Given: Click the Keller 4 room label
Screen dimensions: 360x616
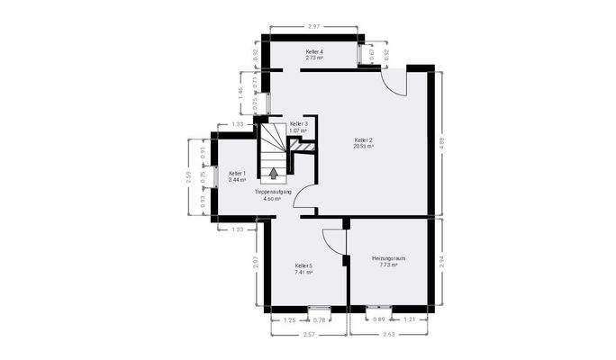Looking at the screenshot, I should point(315,52).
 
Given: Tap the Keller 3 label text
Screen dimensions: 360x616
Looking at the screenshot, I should point(299,123).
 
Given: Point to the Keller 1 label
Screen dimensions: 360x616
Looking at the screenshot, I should point(237,173).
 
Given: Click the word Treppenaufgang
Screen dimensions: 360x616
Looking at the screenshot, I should point(272,192).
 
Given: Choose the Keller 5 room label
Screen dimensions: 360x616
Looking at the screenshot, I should point(303,265).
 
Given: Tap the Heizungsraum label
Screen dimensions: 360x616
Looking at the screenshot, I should point(388,258).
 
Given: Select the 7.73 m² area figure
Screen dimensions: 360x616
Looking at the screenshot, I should point(388,265).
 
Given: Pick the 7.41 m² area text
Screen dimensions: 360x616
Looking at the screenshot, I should point(303,272).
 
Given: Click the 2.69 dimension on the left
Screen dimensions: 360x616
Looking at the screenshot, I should point(188,176).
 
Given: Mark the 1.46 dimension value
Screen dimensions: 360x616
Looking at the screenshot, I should point(240,92).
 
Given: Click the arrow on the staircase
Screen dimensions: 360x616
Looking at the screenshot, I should point(275,172).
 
